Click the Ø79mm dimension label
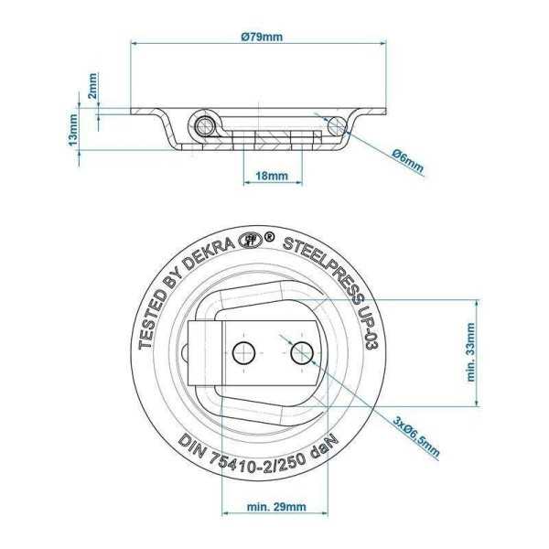point(261,37)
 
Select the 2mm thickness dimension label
point(92,88)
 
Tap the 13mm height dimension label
point(73,134)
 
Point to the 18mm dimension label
point(272,174)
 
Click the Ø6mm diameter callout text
point(406,160)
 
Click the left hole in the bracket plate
point(243,351)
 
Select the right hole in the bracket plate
point(300,351)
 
